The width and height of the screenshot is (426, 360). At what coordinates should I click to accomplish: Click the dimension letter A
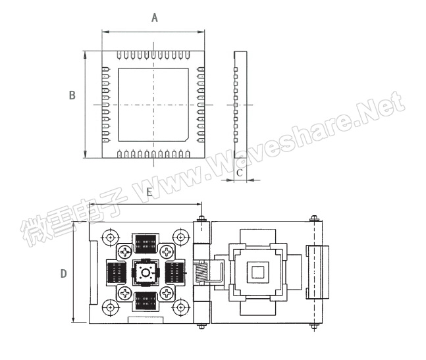point(154,18)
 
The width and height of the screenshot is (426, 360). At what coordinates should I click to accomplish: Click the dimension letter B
point(72,95)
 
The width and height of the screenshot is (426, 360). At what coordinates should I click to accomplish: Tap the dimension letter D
point(64,273)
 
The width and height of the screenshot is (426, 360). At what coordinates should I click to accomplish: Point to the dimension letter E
point(149,192)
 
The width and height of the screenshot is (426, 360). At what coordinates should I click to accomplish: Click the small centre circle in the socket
point(146,272)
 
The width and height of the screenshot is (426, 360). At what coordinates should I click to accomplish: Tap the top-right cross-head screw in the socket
point(167,251)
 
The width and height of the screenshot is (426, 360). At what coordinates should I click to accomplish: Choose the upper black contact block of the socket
point(146,244)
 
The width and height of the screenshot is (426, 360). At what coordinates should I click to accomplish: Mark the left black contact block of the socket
point(117,272)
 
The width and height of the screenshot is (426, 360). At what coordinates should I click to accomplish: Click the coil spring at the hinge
point(204,272)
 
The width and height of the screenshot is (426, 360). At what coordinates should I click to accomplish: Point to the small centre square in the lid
point(258,271)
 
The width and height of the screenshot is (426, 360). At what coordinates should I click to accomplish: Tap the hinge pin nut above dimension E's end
point(201,219)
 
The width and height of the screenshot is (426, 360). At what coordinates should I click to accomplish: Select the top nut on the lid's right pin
point(315,219)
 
